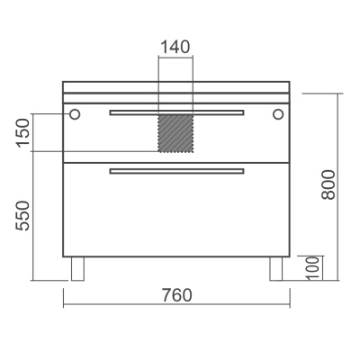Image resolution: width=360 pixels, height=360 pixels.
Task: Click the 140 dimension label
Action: (175, 47)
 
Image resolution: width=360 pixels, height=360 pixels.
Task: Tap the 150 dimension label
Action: (23, 133)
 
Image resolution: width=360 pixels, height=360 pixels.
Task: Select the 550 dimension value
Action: (23, 216)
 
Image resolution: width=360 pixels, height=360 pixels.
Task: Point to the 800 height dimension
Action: (328, 184)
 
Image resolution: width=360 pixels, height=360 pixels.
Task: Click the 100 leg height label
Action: (313, 268)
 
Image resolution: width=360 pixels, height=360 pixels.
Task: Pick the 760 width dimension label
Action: (177, 295)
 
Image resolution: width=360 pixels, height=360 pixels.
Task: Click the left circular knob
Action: (75, 114)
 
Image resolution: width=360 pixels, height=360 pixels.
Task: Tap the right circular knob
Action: (278, 114)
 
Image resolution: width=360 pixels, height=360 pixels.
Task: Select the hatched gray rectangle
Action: (175, 133)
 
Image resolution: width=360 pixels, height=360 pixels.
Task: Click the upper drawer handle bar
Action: (176, 112)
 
